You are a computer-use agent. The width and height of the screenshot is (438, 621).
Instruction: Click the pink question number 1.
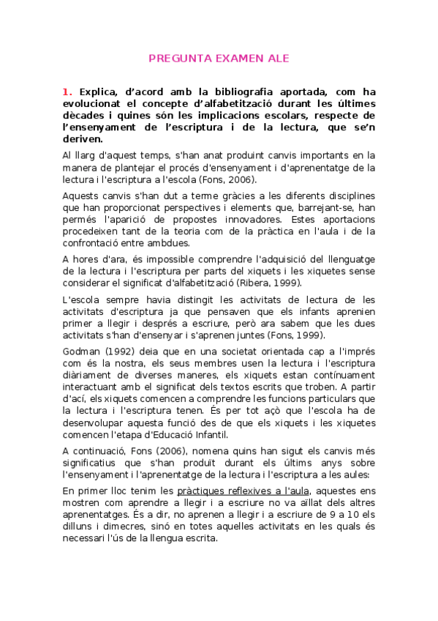click(x=67, y=92)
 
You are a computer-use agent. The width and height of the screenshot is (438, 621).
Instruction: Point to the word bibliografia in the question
click(x=220, y=92)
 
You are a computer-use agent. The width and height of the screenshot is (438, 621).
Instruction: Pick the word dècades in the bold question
click(x=85, y=116)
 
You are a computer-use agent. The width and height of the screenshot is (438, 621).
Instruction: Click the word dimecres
click(x=120, y=525)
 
